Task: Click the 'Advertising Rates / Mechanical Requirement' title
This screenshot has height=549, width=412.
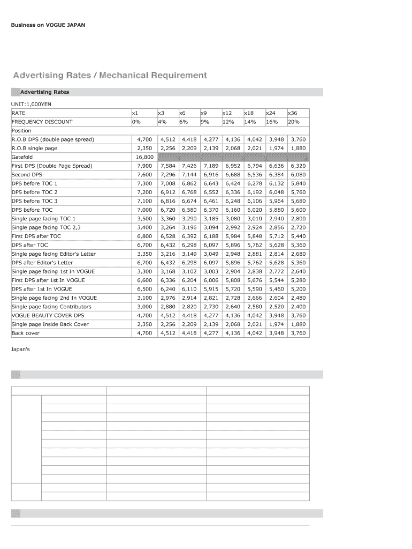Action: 110,75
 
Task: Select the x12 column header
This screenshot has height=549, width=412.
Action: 227,113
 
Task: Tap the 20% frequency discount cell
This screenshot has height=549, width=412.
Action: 293,122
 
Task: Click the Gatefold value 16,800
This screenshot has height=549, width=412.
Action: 144,157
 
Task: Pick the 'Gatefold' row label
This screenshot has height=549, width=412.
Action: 22,157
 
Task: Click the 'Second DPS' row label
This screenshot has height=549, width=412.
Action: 27,175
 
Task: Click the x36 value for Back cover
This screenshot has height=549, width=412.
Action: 298,333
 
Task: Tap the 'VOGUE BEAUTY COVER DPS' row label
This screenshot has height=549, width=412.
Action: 48,315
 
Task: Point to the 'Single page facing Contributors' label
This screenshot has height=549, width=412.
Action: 51,307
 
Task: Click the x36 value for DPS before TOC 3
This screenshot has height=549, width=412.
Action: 298,201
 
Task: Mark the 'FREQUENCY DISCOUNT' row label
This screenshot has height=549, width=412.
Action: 42,122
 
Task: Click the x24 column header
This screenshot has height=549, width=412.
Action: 271,113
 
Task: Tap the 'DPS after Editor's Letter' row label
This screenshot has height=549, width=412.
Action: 42,263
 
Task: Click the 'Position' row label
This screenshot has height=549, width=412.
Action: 21,130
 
